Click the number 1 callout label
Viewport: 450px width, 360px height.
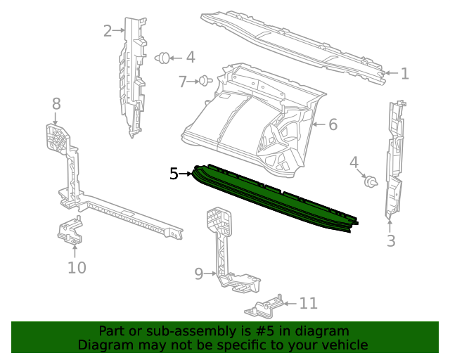click(x=404, y=73)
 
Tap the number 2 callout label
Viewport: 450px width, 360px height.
click(x=108, y=30)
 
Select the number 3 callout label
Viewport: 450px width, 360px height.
click(x=391, y=241)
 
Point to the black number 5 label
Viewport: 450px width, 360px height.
click(x=174, y=173)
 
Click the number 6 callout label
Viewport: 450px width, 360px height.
click(x=333, y=124)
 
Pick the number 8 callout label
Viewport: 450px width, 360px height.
click(x=56, y=104)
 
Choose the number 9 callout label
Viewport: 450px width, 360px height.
click(x=198, y=272)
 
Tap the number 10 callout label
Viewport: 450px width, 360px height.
click(x=76, y=267)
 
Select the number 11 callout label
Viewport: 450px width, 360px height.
click(x=308, y=303)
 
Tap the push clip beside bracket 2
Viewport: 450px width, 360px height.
click(x=162, y=58)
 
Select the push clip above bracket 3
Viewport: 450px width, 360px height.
click(x=371, y=183)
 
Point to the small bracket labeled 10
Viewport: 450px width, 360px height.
click(x=70, y=232)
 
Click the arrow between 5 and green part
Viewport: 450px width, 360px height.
click(x=188, y=173)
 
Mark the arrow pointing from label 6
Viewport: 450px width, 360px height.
click(x=317, y=124)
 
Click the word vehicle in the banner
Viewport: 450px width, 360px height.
click(x=342, y=345)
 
